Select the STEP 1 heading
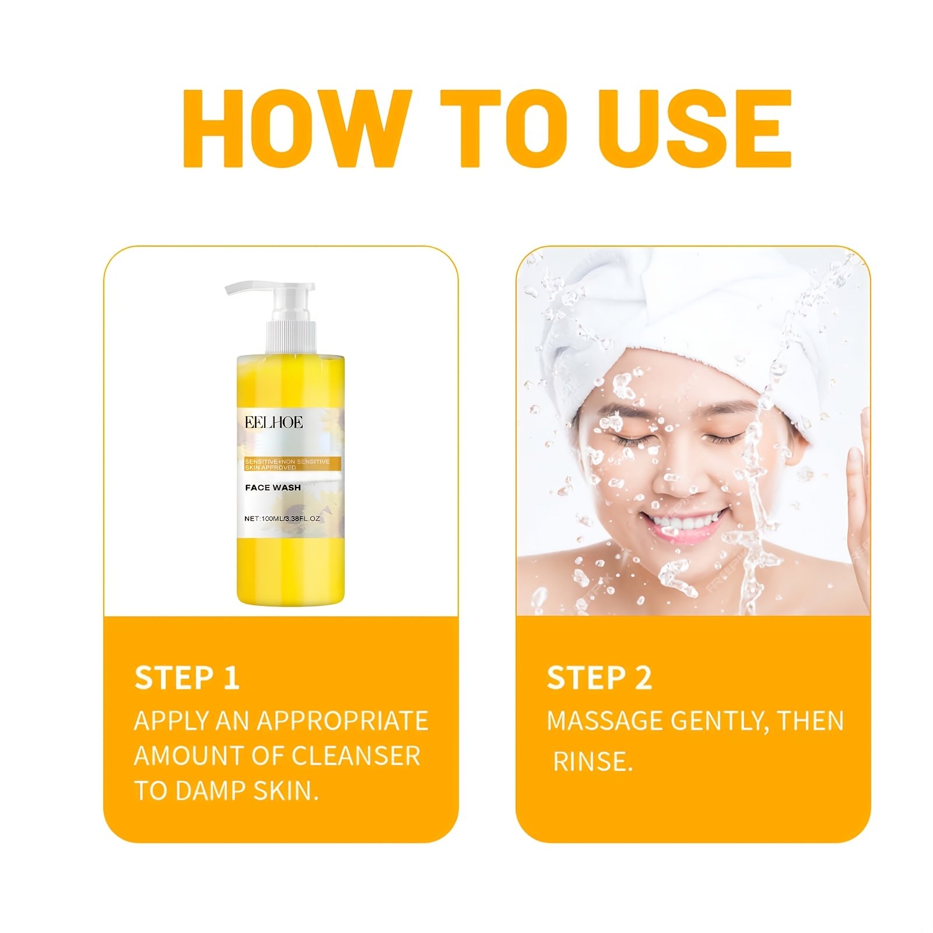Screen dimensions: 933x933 pos(187,678)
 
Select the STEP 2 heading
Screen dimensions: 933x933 pos(599,678)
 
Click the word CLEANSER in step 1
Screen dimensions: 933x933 pos(356,756)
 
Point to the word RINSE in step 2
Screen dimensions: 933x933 pos(592,762)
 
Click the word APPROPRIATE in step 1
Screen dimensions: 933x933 pos(343,721)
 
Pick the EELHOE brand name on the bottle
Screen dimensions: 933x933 pos(273,422)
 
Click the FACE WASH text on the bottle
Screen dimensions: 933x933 pos(273,487)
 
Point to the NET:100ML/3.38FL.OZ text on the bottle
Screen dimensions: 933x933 pos(282,518)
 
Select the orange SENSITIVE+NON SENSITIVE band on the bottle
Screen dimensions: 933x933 pos(292,464)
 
